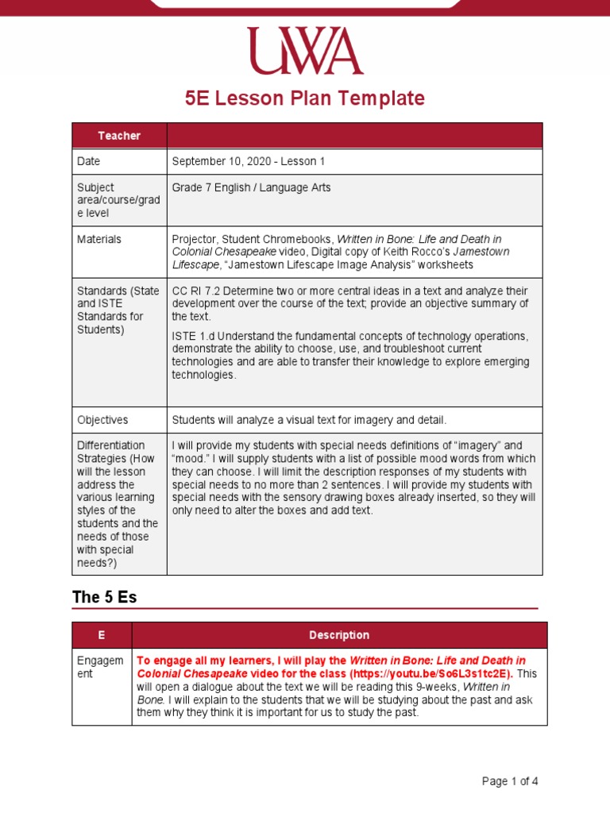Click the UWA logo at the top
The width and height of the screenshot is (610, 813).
tap(305, 52)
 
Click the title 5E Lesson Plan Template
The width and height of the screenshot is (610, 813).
tap(305, 98)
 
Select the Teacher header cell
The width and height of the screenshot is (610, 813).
tap(119, 136)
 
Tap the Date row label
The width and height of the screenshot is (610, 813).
tap(89, 161)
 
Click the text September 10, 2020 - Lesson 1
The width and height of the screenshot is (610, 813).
tap(249, 161)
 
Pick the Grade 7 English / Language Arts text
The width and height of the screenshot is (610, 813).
tap(251, 187)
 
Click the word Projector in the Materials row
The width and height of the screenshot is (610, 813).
tap(193, 239)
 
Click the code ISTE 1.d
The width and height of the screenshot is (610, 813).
tap(191, 336)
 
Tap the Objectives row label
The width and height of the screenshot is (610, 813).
tap(102, 420)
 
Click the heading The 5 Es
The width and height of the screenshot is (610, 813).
tap(104, 598)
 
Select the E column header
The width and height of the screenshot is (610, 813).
tap(102, 635)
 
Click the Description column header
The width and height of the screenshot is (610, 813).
tap(339, 635)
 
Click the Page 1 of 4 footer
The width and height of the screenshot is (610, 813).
tap(510, 781)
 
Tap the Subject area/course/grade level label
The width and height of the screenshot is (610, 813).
tap(118, 200)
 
